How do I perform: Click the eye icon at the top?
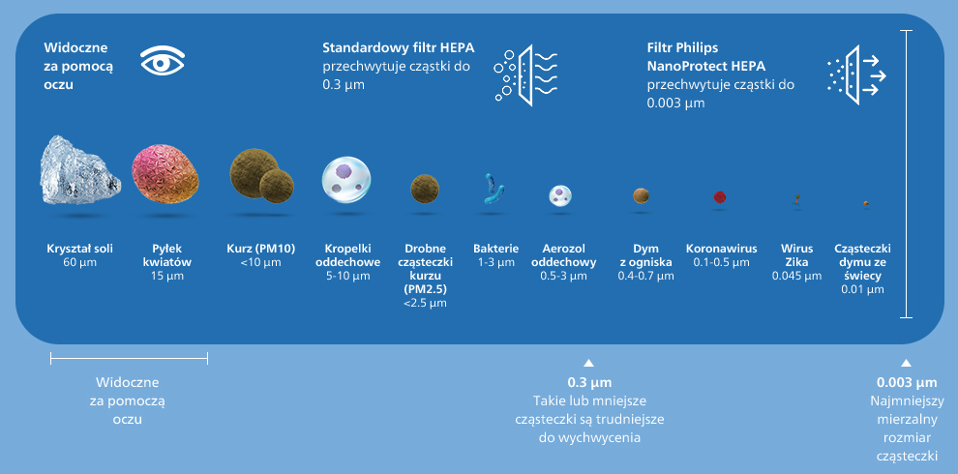click(x=162, y=61)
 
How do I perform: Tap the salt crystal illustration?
click(x=79, y=171)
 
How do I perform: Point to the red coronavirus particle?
click(x=720, y=197)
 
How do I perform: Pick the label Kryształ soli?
click(x=80, y=249)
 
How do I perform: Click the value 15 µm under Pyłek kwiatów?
click(x=167, y=276)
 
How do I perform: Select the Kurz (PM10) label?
click(x=261, y=249)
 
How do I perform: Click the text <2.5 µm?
click(x=425, y=303)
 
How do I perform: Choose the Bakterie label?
click(x=496, y=249)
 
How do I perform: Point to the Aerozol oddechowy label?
click(x=564, y=255)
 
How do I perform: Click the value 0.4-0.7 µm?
click(x=645, y=276)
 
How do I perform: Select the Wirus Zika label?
click(x=796, y=255)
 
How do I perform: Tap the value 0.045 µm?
click(x=796, y=276)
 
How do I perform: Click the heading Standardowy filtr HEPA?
click(x=399, y=48)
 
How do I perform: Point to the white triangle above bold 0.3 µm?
click(x=588, y=363)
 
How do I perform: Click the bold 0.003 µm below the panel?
click(x=907, y=383)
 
